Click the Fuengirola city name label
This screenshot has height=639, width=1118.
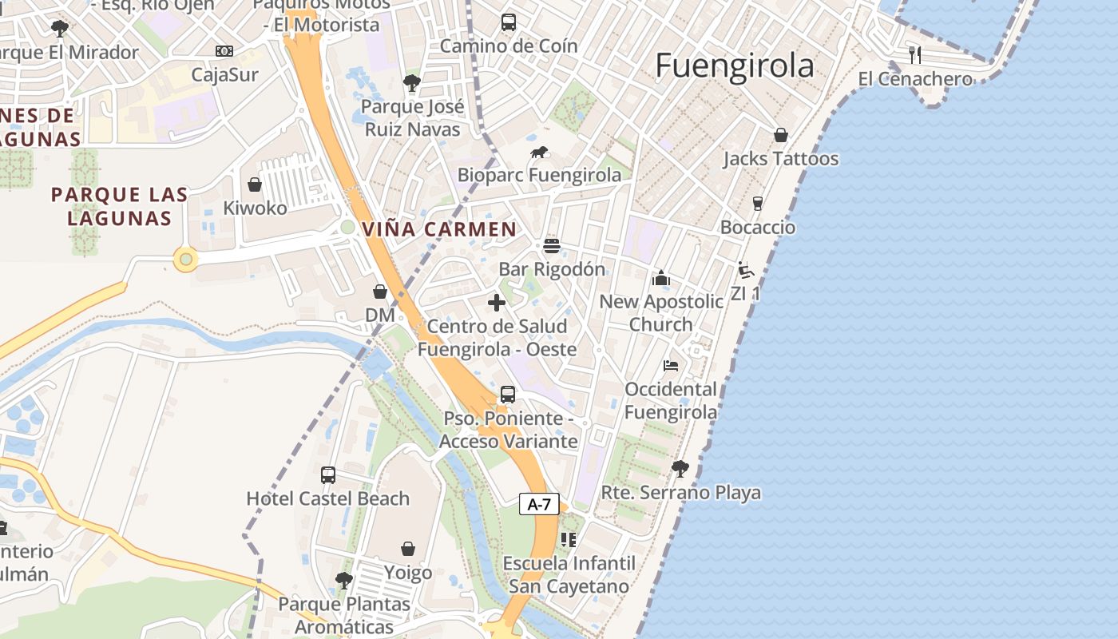[x=735, y=65]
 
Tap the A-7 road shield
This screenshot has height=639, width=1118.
[x=539, y=504]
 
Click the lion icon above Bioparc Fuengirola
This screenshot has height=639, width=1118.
[x=539, y=152]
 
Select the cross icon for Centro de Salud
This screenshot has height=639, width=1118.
[x=497, y=303]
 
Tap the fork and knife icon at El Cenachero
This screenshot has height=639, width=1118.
[x=915, y=55]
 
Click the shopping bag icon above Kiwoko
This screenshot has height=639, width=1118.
[x=255, y=185]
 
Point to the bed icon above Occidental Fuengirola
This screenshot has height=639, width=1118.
[x=671, y=366]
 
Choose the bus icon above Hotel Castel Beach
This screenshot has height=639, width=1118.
[x=327, y=475]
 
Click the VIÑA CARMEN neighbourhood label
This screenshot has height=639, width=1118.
[x=439, y=229]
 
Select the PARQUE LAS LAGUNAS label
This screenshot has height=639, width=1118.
[x=120, y=206]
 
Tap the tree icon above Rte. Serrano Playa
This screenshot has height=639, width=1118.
[x=680, y=469]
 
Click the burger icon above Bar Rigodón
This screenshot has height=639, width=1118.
[x=552, y=246]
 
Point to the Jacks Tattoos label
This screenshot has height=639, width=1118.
[x=780, y=159]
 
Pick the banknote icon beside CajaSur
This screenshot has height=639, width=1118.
[x=224, y=51]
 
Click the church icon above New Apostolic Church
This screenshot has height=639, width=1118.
[x=660, y=278]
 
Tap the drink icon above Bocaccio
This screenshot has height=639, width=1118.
[x=758, y=204]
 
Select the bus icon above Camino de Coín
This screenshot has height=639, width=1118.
[x=509, y=22]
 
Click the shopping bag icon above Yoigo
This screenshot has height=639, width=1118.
[x=408, y=549]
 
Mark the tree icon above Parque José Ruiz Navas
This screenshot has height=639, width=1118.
[x=411, y=82]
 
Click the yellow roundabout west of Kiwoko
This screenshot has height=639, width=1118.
[x=186, y=259]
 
